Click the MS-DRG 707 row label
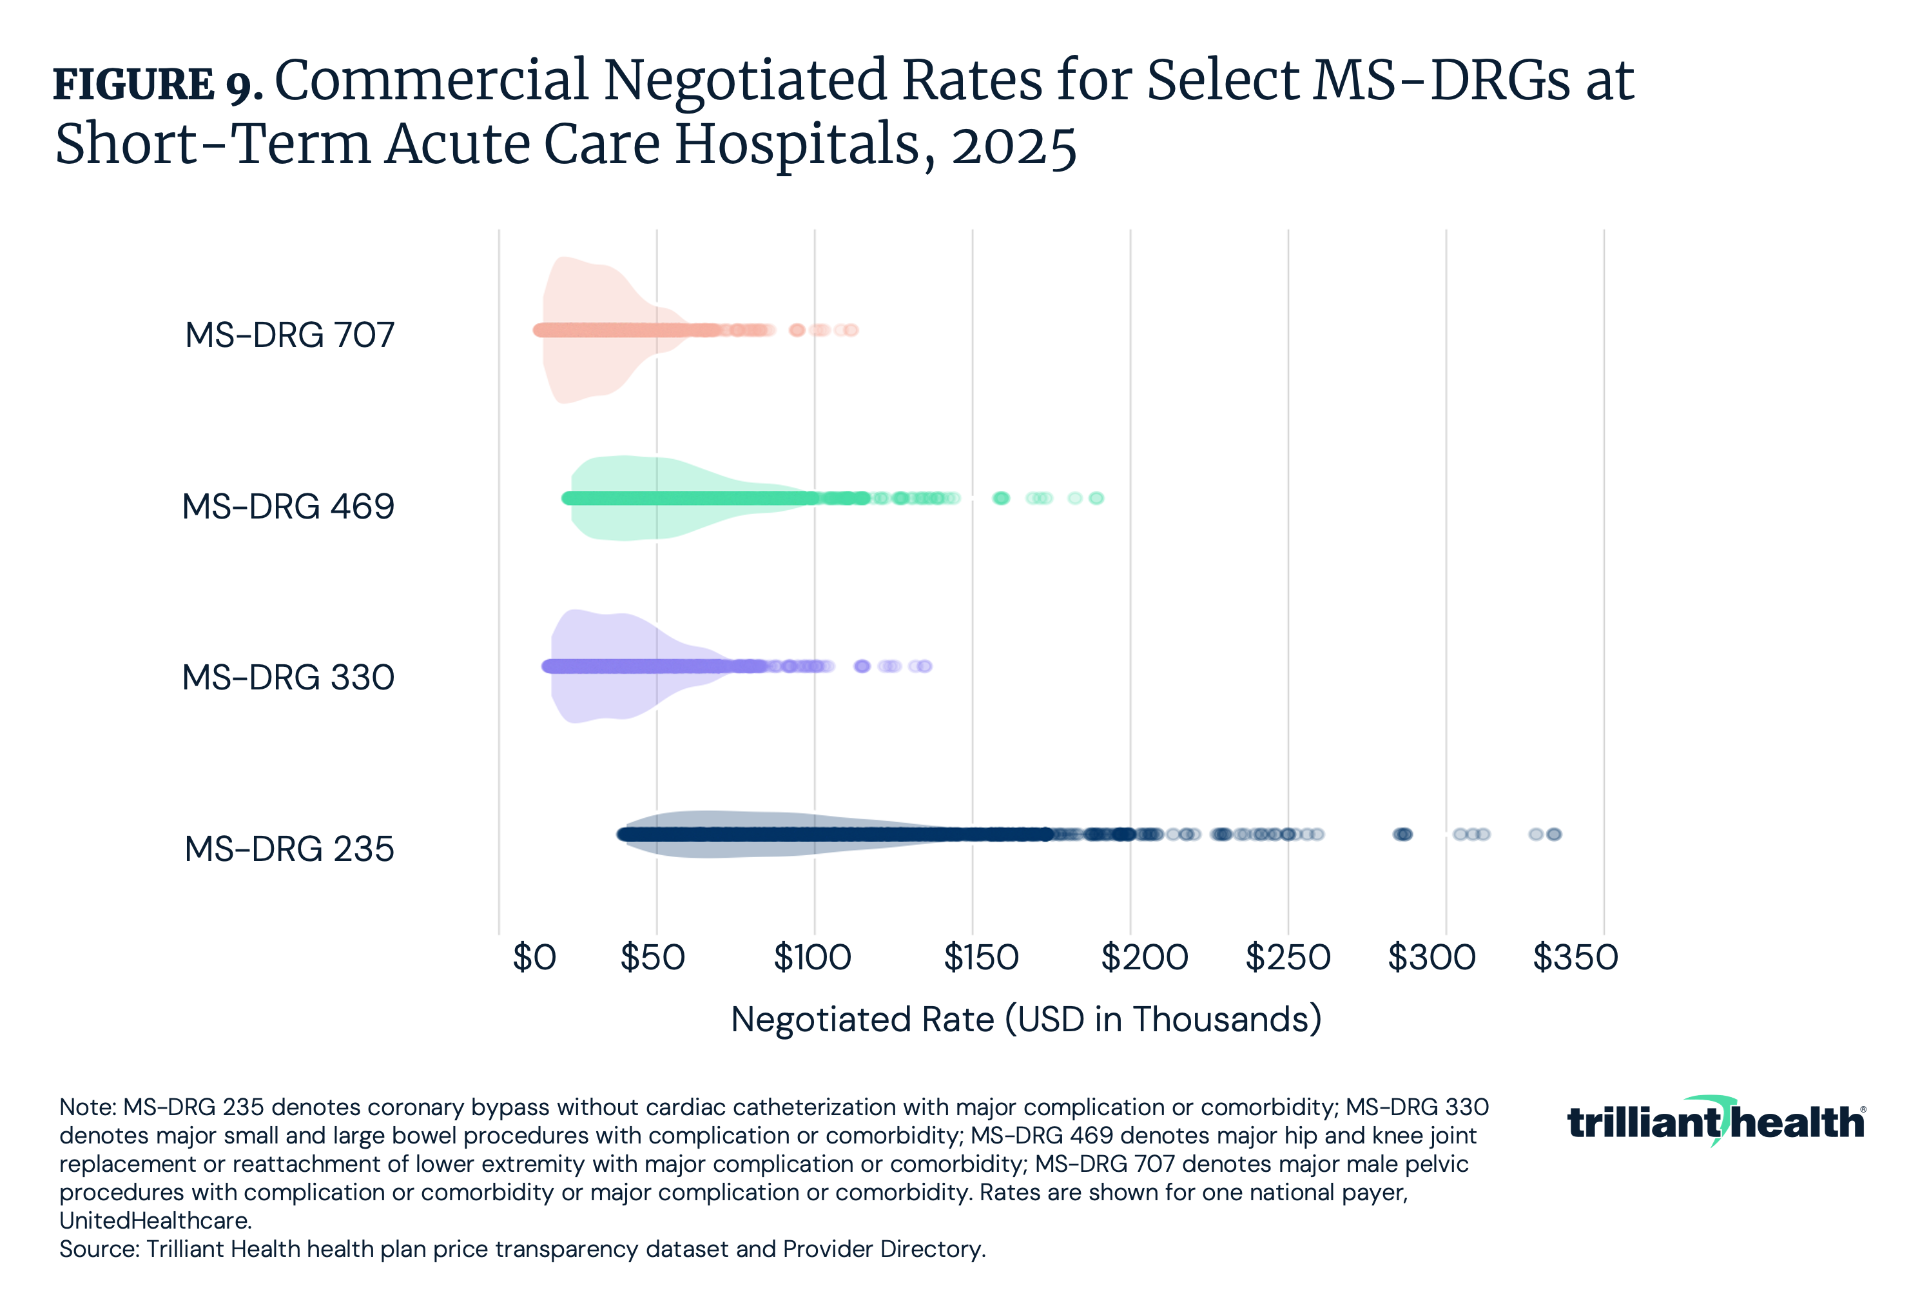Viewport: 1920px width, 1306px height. (x=289, y=335)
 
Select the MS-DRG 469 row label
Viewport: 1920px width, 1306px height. (x=287, y=507)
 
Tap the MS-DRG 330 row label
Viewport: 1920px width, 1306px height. (x=287, y=678)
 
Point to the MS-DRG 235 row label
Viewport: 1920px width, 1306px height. (x=289, y=849)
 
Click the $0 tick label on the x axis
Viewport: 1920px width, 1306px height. (x=534, y=958)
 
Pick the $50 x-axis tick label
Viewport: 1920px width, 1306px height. (x=653, y=958)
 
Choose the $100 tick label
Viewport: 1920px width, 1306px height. (x=812, y=958)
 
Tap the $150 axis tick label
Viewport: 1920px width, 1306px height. (x=981, y=958)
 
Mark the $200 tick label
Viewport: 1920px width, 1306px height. (x=1144, y=958)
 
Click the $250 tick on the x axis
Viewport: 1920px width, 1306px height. (x=1288, y=958)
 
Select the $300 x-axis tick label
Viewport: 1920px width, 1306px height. (x=1431, y=958)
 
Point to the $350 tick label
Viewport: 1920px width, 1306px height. (x=1575, y=958)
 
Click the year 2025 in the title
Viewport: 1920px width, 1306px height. (x=1014, y=146)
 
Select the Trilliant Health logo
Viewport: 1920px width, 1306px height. (x=1715, y=1122)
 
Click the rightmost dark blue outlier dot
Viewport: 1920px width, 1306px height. (x=1554, y=834)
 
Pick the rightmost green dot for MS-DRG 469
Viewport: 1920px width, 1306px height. (x=1096, y=498)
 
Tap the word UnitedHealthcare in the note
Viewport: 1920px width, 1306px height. (x=155, y=1221)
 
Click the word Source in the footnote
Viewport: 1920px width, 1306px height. (x=97, y=1249)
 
